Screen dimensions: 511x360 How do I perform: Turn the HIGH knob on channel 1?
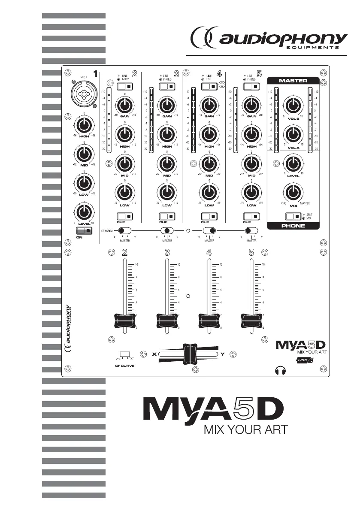point(84,125)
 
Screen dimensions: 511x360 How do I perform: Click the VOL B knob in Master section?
point(293,105)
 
